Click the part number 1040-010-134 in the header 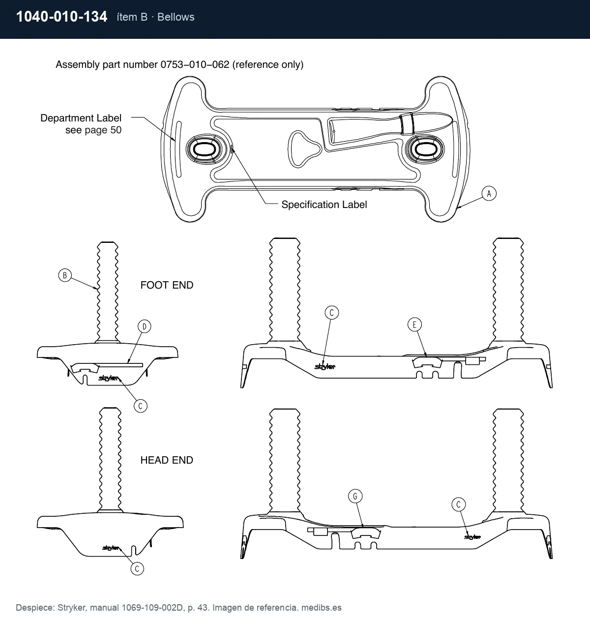(x=62, y=17)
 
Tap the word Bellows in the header (x=176, y=17)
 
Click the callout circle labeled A (x=489, y=193)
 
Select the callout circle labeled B (x=65, y=275)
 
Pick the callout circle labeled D (x=144, y=326)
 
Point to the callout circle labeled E (x=414, y=324)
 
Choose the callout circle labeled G (x=355, y=496)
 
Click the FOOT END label (x=167, y=285)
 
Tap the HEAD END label (x=167, y=460)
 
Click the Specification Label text (x=324, y=205)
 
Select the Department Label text (x=81, y=118)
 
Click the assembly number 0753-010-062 (x=195, y=64)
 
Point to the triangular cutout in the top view (x=303, y=149)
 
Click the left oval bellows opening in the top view (x=205, y=149)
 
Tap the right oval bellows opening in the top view (x=425, y=149)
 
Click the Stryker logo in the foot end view (x=108, y=378)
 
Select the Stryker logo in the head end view (x=111, y=548)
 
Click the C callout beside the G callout (x=458, y=504)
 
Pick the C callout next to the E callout (x=331, y=313)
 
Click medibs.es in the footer (x=321, y=607)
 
